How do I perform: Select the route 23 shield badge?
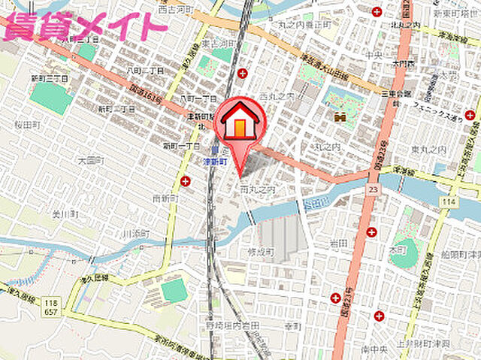(x=373, y=191)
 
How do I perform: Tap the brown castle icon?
(x=340, y=116)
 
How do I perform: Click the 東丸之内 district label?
(x=429, y=150)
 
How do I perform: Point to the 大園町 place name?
(x=90, y=160)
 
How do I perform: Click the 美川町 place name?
(x=60, y=215)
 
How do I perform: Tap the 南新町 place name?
(x=164, y=198)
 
